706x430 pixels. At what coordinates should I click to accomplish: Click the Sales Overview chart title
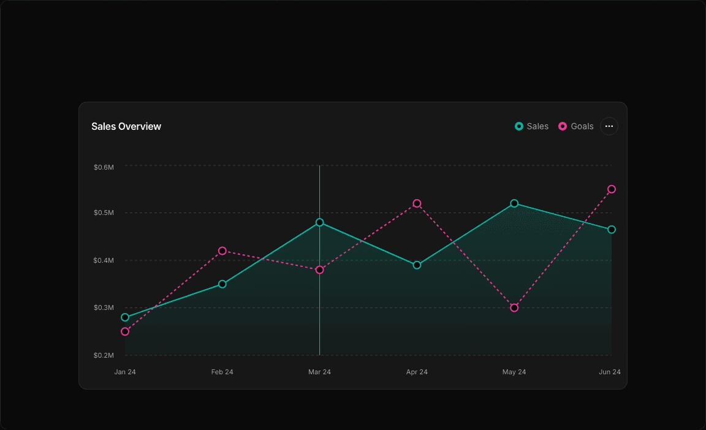(126, 127)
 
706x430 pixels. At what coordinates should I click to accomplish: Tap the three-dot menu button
(609, 126)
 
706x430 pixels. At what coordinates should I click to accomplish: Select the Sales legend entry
(532, 126)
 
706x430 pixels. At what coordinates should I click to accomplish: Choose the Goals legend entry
(576, 126)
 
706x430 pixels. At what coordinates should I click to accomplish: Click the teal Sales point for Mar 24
(319, 222)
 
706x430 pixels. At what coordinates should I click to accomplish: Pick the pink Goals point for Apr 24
(417, 203)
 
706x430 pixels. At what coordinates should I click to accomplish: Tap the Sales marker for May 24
(514, 203)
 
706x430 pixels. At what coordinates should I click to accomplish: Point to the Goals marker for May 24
(514, 307)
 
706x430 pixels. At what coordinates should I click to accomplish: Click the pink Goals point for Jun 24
(612, 189)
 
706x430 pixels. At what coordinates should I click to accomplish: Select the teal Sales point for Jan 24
(125, 317)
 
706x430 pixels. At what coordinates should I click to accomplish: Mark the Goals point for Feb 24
(222, 251)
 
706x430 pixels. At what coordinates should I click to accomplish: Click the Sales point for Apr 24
(417, 265)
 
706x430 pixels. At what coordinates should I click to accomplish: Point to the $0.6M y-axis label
(104, 167)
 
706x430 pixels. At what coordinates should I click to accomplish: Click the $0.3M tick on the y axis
(104, 307)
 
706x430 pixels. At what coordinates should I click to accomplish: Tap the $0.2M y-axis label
(104, 355)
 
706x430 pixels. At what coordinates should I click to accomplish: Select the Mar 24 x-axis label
(319, 372)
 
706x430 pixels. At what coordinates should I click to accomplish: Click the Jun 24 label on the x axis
(609, 372)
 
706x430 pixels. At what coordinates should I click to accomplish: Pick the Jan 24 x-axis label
(125, 372)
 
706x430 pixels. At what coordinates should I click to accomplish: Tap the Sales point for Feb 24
(222, 284)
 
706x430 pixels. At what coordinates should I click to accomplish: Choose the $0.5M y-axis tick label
(104, 213)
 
